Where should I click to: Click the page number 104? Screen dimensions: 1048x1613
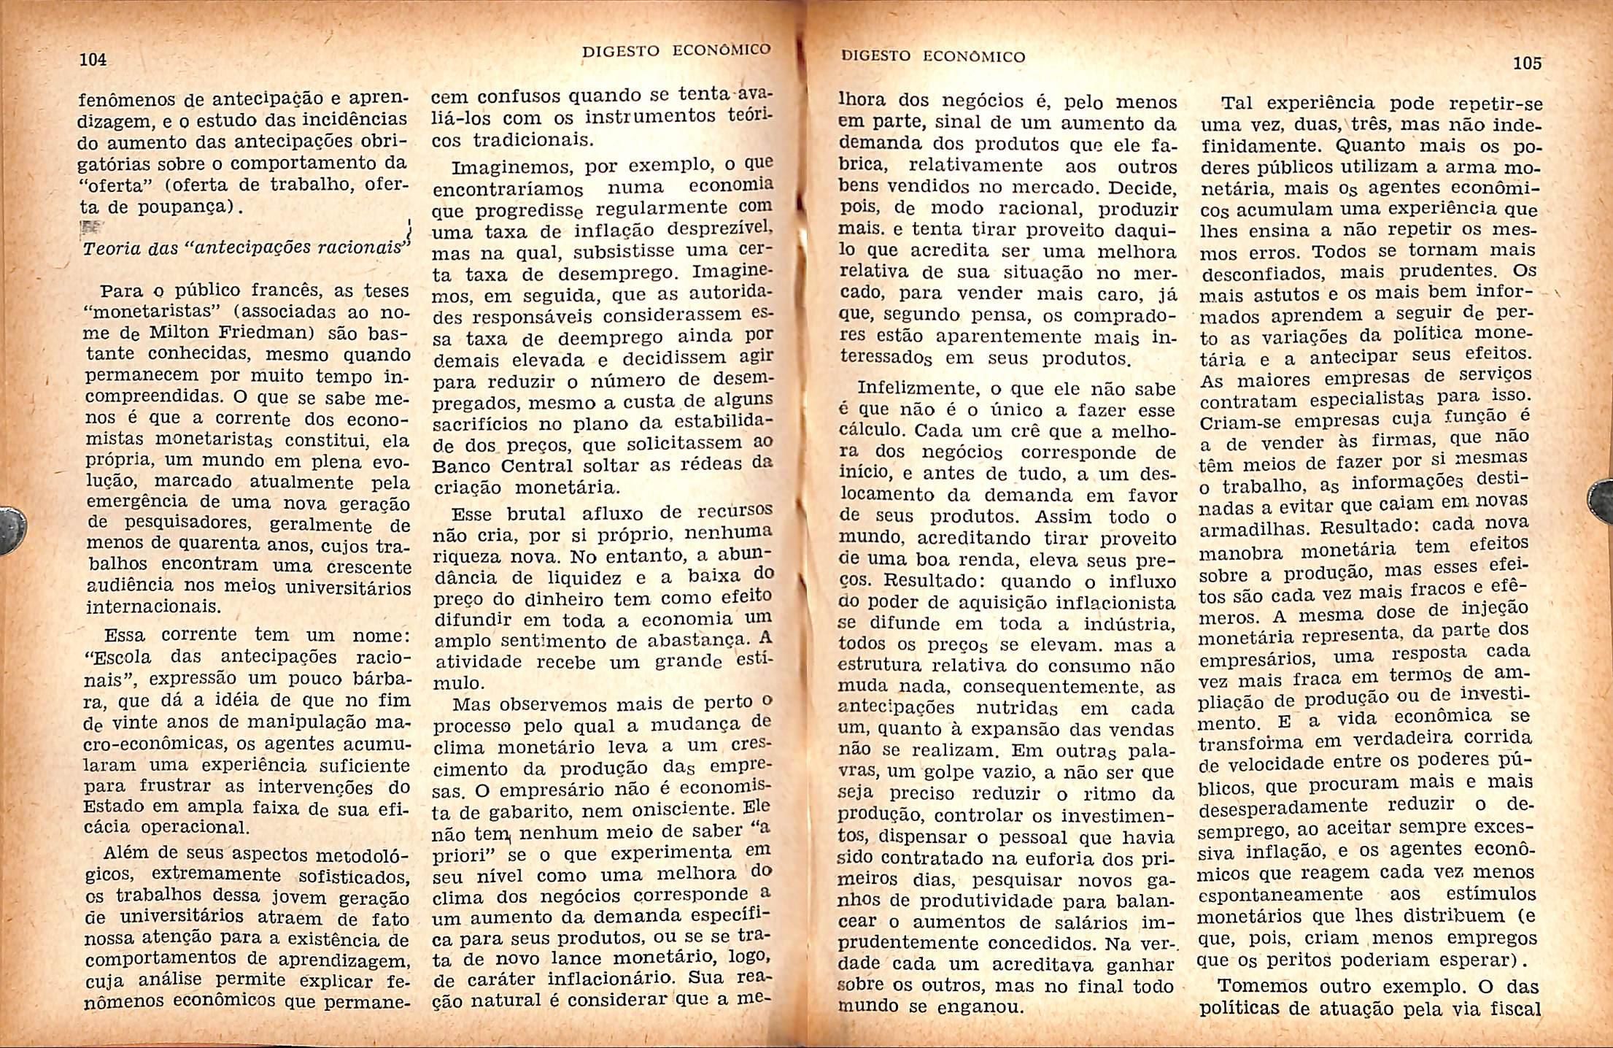[93, 60]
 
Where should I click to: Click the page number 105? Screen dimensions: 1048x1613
[1527, 63]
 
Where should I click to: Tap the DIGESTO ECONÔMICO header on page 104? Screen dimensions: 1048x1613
[676, 50]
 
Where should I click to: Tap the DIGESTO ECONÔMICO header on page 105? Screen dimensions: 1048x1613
[933, 56]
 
